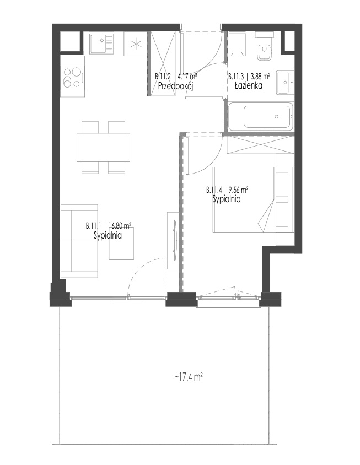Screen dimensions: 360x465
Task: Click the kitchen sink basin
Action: tap(101, 44)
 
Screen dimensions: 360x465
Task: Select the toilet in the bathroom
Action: tap(264, 47)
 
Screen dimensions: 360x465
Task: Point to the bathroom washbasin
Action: tap(285, 83)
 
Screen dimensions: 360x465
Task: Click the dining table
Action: tap(103, 148)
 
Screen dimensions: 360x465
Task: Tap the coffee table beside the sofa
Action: tap(121, 243)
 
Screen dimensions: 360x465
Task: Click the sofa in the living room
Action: tap(79, 241)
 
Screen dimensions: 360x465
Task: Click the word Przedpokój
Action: tap(176, 86)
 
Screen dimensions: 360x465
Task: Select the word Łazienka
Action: tap(249, 86)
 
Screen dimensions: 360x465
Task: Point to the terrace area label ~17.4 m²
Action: tap(189, 377)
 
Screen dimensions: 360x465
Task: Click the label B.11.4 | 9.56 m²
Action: tap(227, 190)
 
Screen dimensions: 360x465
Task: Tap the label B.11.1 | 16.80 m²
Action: tap(109, 226)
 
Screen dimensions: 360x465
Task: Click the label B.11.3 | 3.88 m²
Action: tap(249, 77)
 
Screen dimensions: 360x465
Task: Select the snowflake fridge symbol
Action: tap(136, 44)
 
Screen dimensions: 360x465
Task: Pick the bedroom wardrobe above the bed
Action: tap(260, 145)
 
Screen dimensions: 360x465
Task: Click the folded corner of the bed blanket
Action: tap(266, 217)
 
